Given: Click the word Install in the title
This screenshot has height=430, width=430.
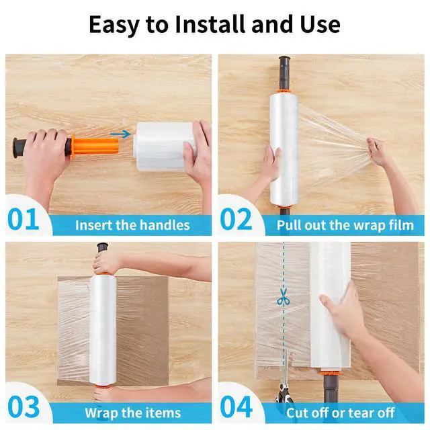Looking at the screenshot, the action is [210, 24].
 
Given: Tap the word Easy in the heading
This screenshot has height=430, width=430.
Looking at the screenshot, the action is [114, 26].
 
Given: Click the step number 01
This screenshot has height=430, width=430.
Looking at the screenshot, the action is [23, 219].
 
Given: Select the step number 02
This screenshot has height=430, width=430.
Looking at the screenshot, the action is [236, 219].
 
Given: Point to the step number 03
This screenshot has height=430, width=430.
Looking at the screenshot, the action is [24, 407].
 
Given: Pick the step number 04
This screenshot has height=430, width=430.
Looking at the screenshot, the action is [236, 407].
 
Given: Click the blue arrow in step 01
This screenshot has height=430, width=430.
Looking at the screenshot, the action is [120, 134].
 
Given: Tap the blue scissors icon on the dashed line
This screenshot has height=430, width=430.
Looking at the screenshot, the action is [284, 297].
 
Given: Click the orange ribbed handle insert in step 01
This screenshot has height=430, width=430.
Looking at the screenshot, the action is [95, 147].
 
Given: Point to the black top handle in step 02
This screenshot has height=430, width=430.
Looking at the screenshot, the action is [284, 73].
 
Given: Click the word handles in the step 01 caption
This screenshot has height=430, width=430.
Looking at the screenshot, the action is [165, 225].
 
